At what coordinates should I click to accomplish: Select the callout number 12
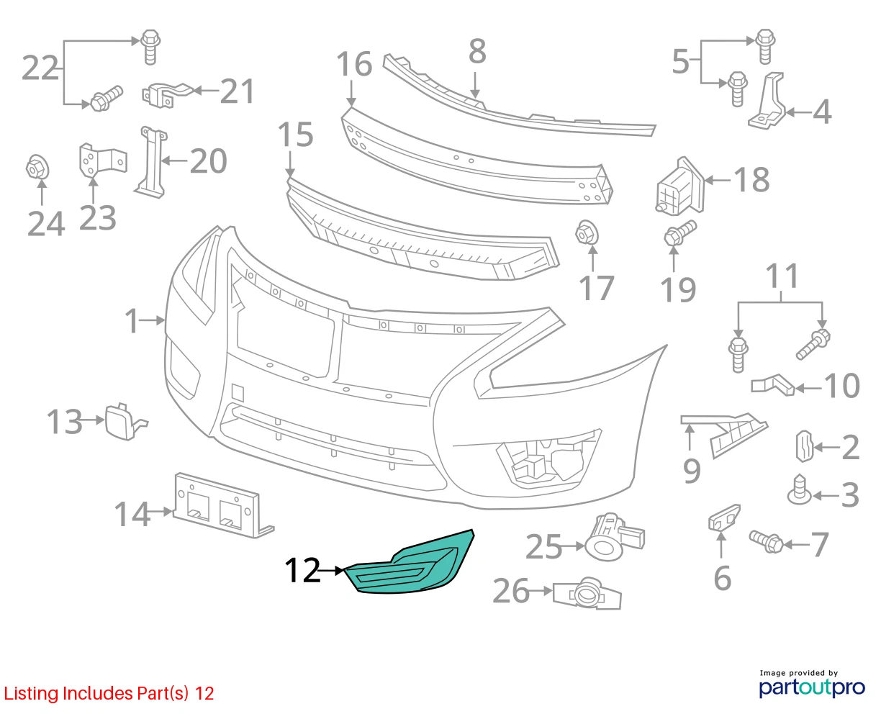(302, 571)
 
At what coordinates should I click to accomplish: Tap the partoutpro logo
(812, 687)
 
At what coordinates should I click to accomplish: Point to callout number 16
(354, 64)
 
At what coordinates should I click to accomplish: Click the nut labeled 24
(37, 168)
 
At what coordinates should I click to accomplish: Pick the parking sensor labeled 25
(614, 538)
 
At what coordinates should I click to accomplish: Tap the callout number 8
(477, 51)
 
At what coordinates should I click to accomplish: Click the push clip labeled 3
(799, 489)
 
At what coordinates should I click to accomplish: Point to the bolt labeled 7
(766, 541)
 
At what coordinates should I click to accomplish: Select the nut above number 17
(587, 233)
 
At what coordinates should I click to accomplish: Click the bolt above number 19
(679, 232)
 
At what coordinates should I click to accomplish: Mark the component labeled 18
(679, 186)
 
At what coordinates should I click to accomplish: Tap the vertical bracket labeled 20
(151, 163)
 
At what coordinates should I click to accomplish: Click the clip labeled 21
(168, 95)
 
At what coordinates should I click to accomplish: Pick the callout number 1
(132, 320)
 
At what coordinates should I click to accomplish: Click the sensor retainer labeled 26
(587, 594)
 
